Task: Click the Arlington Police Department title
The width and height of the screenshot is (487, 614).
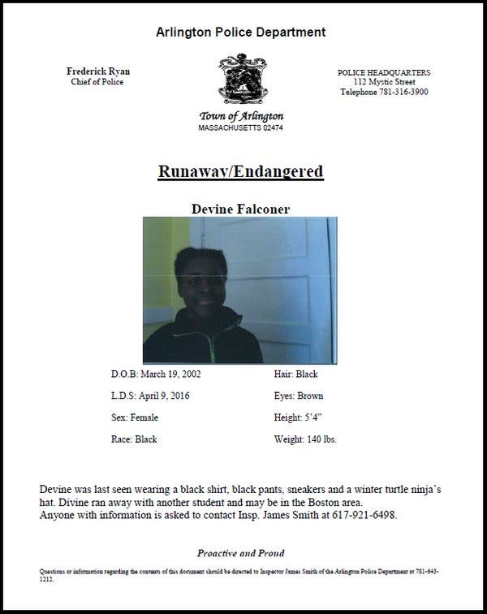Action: point(240,32)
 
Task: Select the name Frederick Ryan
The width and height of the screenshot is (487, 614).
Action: point(97,71)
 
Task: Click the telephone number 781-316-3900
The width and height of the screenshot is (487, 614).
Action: point(402,92)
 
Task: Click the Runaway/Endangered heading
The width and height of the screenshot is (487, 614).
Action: point(240,171)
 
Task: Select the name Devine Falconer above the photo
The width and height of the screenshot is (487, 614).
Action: point(240,209)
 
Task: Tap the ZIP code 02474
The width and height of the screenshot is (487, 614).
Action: point(269,128)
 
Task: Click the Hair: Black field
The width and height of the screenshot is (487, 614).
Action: point(296,374)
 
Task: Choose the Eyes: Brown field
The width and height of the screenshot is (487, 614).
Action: point(299,396)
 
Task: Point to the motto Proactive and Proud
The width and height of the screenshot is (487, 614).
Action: point(240,553)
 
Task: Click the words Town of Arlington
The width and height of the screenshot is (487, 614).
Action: point(240,116)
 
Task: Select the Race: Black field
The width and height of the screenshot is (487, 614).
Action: point(134,439)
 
